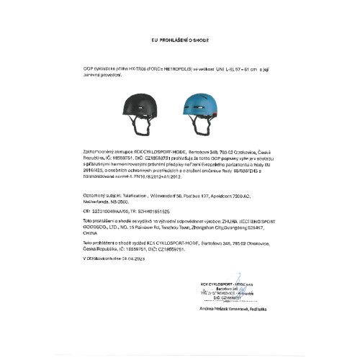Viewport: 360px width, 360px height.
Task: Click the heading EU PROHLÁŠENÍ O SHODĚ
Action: click(x=179, y=42)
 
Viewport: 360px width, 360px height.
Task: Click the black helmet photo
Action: click(x=152, y=107)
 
